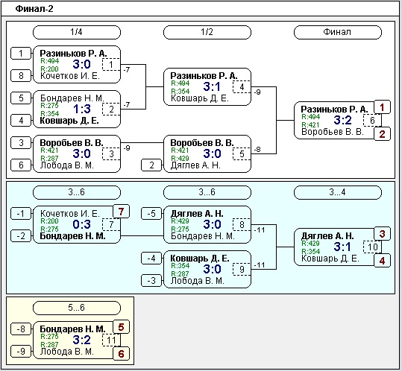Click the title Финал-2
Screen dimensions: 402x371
point(34,9)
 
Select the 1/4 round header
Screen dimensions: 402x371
point(77,32)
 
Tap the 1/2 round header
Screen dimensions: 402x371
point(207,32)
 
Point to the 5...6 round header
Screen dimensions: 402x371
point(77,308)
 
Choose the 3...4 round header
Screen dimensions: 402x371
point(338,192)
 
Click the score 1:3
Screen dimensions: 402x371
point(82,110)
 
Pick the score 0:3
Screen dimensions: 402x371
point(81,224)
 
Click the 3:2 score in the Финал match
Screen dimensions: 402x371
point(342,120)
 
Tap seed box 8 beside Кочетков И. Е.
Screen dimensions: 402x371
point(21,76)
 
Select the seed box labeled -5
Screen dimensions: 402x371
point(151,214)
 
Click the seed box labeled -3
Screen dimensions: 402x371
point(151,281)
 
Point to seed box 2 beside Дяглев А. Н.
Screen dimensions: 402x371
point(151,165)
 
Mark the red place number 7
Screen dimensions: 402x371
point(122,212)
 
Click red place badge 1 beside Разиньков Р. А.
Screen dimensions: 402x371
point(382,107)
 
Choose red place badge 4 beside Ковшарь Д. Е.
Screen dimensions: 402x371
point(382,261)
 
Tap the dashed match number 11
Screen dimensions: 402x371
point(111,340)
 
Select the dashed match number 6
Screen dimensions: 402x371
point(372,121)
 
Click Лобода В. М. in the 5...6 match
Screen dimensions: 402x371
point(67,352)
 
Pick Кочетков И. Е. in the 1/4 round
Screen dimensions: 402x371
point(70,76)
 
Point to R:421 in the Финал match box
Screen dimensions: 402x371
point(310,124)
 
